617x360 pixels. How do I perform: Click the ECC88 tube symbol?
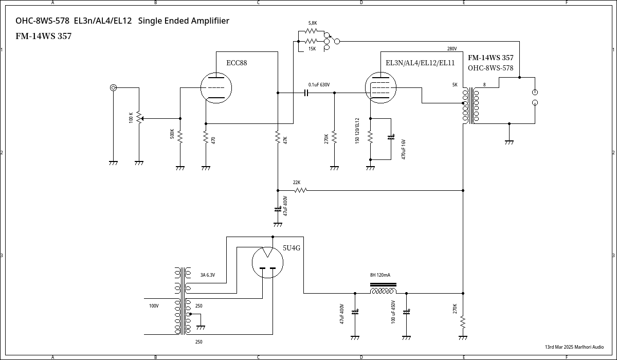216,87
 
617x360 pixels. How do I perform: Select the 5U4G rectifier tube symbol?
267,262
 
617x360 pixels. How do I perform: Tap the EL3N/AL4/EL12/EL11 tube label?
420,63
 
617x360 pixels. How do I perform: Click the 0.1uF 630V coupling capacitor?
306,93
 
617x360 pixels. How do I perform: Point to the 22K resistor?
301,190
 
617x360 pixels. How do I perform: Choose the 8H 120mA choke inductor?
383,291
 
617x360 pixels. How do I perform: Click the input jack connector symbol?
113,87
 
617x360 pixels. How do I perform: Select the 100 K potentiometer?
138,118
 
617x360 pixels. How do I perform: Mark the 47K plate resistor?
278,138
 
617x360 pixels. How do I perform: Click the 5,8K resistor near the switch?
312,31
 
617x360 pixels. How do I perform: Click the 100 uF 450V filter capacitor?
407,312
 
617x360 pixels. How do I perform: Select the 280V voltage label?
452,49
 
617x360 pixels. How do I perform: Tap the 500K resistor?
180,136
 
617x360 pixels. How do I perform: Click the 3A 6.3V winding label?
207,275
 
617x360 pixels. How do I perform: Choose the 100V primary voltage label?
154,306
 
